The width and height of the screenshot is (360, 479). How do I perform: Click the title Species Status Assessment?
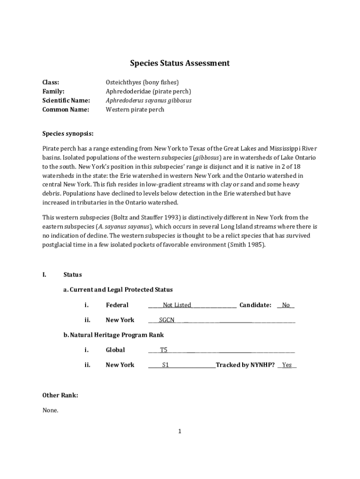tap(180, 63)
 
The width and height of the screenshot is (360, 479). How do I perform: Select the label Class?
tap(51, 82)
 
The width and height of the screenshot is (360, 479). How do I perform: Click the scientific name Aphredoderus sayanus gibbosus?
tap(148, 101)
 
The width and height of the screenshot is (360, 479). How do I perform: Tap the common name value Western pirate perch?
tap(135, 109)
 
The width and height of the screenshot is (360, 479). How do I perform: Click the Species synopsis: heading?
tap(68, 133)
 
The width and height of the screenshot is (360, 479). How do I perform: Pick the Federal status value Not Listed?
tap(177, 305)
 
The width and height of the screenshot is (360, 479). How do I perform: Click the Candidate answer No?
tap(286, 305)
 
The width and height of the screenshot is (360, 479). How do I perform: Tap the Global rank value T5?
tap(164, 350)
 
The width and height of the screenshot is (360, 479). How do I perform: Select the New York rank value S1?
tap(165, 365)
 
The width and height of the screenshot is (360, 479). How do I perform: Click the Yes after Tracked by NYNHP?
tap(287, 365)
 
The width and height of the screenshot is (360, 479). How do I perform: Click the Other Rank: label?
tap(60, 395)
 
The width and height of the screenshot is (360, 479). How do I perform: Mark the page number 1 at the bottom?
tap(180, 431)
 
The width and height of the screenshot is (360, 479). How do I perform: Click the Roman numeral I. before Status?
tap(44, 275)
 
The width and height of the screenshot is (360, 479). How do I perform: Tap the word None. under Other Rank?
tap(50, 410)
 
